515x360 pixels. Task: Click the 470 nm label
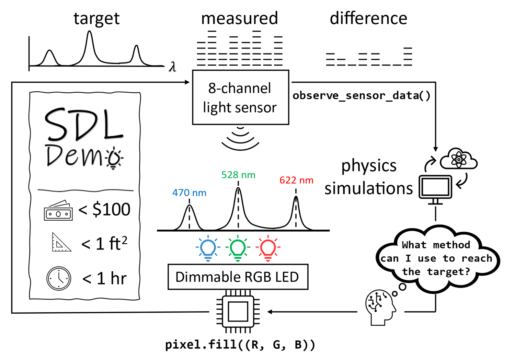tap(189, 193)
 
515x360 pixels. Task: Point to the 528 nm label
tap(238, 175)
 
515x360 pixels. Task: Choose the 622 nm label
tap(296, 180)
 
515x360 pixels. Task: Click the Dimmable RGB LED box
tap(238, 277)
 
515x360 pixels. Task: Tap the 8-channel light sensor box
tap(240, 98)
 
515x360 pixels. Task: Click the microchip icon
tap(238, 312)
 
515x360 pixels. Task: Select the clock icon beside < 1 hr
tap(59, 278)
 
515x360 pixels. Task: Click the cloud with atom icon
tap(459, 159)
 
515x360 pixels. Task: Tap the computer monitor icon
tap(435, 189)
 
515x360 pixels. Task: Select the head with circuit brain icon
tap(380, 306)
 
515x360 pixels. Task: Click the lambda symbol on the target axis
tap(172, 67)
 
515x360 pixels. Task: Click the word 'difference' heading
tap(368, 18)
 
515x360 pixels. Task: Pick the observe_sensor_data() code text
tap(361, 95)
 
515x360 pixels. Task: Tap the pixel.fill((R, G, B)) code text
tap(240, 345)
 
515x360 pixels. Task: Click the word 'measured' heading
tap(239, 18)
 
